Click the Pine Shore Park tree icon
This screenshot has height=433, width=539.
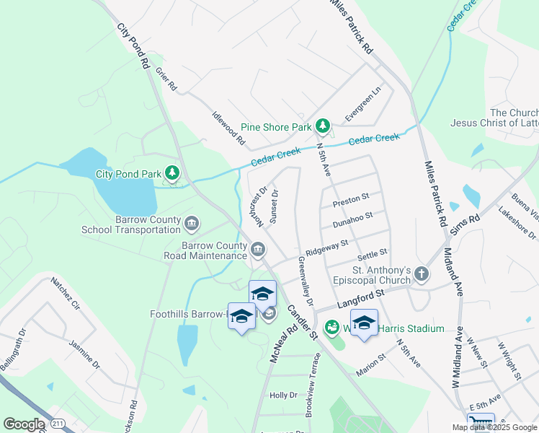[x=323, y=127]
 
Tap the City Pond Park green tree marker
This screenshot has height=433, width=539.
[x=171, y=173]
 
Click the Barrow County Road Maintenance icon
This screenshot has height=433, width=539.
[x=258, y=250]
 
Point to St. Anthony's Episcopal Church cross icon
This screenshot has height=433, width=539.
[x=422, y=274]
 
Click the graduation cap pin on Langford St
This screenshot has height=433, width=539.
[x=364, y=323]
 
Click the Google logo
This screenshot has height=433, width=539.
[x=24, y=424]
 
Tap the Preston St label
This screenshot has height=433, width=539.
[x=351, y=198]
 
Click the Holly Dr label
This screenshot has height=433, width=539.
[x=283, y=395]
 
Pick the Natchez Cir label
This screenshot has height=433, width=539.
[x=65, y=296]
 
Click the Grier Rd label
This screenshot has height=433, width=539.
[x=165, y=79]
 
